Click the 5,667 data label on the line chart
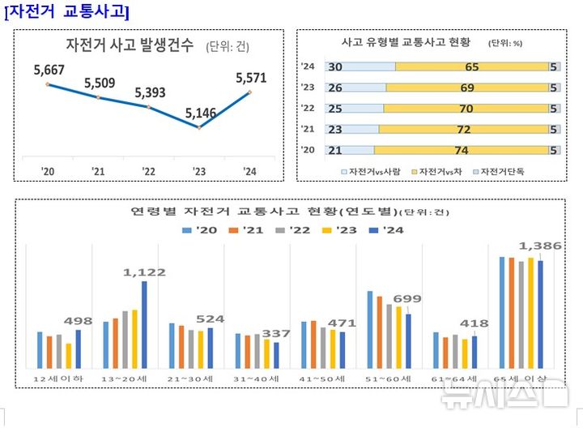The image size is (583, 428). [49, 71]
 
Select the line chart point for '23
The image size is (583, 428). [199, 127]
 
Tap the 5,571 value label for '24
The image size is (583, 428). [250, 79]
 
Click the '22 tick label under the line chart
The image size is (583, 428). [148, 171]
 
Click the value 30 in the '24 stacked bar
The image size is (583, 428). [335, 67]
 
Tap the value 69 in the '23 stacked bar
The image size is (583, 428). [466, 88]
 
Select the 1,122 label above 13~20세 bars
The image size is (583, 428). [145, 273]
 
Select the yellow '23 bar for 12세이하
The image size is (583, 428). [69, 356]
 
